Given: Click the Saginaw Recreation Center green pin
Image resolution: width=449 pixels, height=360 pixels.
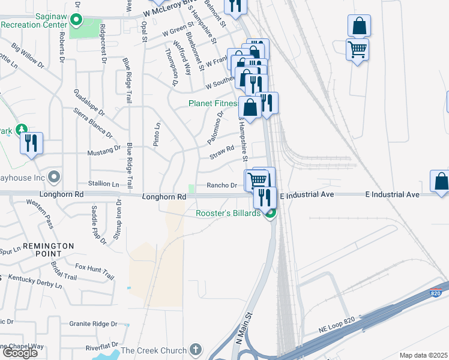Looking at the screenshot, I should pyautogui.click(x=76, y=20).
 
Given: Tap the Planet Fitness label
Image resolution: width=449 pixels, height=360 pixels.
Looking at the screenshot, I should pyautogui.click(x=214, y=103).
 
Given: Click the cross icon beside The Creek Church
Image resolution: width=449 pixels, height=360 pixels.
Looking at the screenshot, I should pyautogui.click(x=195, y=349).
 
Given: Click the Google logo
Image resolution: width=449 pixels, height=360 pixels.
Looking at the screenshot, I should pyautogui.click(x=19, y=353).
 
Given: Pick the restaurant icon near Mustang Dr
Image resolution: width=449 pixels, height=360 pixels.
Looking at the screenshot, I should pyautogui.click(x=31, y=143).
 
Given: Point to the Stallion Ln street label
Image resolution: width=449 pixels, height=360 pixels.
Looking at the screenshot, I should pyautogui.click(x=103, y=184).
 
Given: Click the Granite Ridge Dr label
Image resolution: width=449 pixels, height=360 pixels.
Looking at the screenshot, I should pyautogui.click(x=92, y=323).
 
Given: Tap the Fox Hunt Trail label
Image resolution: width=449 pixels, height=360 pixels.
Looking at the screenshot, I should pyautogui.click(x=94, y=271).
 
